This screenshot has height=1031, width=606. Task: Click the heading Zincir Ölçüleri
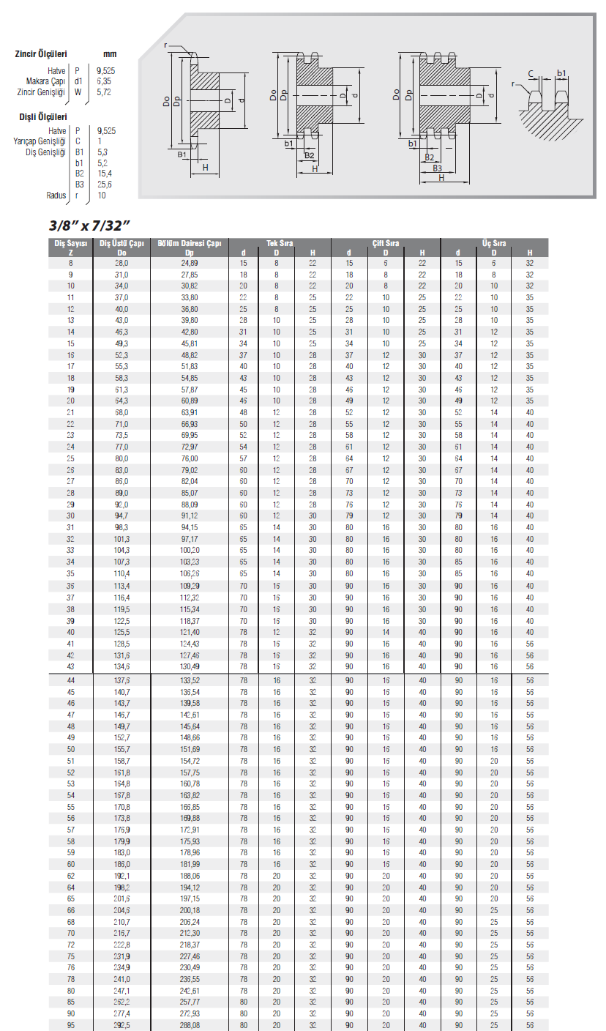(42, 53)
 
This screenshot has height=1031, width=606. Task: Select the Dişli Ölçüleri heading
(43, 116)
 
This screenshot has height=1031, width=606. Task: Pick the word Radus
(56, 195)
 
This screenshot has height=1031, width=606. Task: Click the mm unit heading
(110, 53)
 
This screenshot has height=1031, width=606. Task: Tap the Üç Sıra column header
(495, 243)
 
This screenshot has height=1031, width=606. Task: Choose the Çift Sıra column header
(385, 243)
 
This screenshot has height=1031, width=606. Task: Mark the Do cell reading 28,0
(121, 263)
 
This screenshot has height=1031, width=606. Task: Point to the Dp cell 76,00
(190, 458)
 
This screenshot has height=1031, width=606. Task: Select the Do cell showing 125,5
(121, 632)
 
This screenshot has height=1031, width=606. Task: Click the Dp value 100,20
(190, 551)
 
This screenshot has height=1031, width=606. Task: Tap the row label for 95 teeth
(70, 1025)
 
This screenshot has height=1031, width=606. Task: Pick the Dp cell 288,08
(190, 1025)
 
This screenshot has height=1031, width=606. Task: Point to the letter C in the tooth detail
(531, 72)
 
